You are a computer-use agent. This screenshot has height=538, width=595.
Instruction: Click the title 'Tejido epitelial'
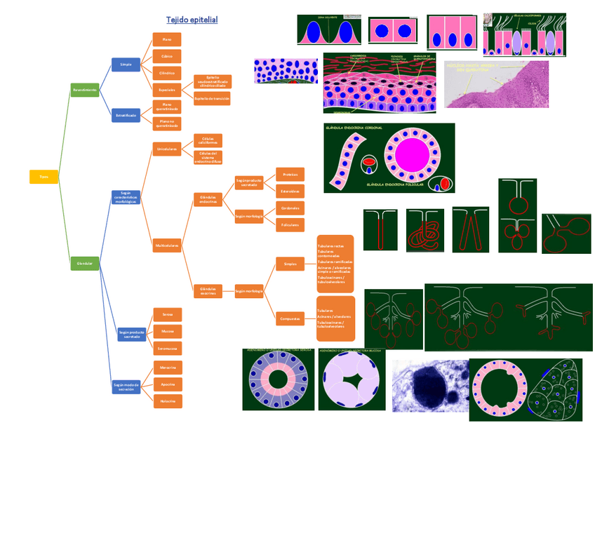coord(192,20)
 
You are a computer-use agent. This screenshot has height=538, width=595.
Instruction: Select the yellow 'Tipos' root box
coord(44,177)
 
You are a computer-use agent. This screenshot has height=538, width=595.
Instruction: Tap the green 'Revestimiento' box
coord(85,90)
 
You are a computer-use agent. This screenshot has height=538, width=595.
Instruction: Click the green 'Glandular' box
coord(85,263)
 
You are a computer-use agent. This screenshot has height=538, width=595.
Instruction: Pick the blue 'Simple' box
coord(126,65)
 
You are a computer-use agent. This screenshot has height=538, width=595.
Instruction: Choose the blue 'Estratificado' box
coord(126,116)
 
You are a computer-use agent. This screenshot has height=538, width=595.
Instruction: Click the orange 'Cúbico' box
coord(167,56)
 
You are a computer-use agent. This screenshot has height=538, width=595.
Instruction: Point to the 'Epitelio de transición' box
coord(212,98)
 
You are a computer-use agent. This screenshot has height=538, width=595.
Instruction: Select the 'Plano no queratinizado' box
coord(167,123)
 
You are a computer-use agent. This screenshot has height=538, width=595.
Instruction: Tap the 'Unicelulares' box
coord(167,149)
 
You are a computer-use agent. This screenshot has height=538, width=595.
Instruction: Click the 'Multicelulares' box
coord(167,246)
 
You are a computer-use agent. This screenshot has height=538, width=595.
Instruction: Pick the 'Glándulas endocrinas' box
coord(208,200)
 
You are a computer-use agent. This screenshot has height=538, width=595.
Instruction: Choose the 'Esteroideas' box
coord(290,191)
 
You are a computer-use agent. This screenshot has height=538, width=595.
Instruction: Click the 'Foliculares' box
coord(290,225)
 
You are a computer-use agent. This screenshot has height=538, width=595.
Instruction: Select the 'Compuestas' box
coord(290,318)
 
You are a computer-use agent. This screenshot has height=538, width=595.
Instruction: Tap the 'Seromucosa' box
coord(167,348)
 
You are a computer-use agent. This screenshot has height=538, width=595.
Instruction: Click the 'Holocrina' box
coord(167,401)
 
